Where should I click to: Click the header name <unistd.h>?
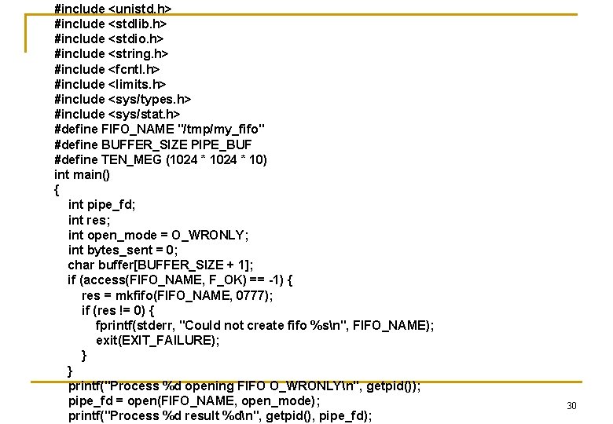click(x=139, y=9)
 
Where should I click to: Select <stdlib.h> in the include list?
click(x=137, y=24)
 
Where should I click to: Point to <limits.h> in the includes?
click(x=137, y=84)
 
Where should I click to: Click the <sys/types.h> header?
click(x=149, y=99)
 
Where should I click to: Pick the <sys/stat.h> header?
click(x=144, y=114)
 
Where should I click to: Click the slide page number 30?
click(x=571, y=405)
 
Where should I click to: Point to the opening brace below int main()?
click(x=57, y=190)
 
